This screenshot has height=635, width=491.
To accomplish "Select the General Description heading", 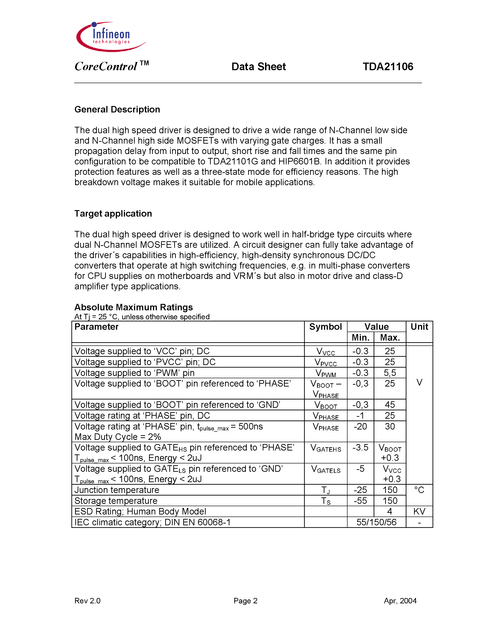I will [x=117, y=109].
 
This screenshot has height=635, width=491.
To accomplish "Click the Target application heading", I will [x=113, y=213].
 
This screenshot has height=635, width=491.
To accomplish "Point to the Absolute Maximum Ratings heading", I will [x=134, y=307].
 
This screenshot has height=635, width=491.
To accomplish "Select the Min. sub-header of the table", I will [x=360, y=337].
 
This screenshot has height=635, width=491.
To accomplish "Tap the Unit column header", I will [x=419, y=327].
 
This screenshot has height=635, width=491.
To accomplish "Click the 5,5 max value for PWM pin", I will [x=390, y=373].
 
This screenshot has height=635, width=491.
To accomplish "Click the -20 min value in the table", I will [x=360, y=426].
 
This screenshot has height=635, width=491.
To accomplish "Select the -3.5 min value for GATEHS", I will [x=360, y=447].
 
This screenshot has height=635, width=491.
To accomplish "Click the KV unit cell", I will [x=419, y=511].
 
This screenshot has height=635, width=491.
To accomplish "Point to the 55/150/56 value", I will [x=376, y=522].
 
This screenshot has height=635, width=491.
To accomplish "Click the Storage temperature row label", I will [x=116, y=501].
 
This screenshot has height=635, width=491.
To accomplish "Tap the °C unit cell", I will [x=419, y=490].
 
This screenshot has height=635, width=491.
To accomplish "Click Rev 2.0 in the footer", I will [x=87, y=601].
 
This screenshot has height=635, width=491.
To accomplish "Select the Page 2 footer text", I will [x=245, y=601].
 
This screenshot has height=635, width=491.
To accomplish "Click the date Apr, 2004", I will [x=400, y=601].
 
